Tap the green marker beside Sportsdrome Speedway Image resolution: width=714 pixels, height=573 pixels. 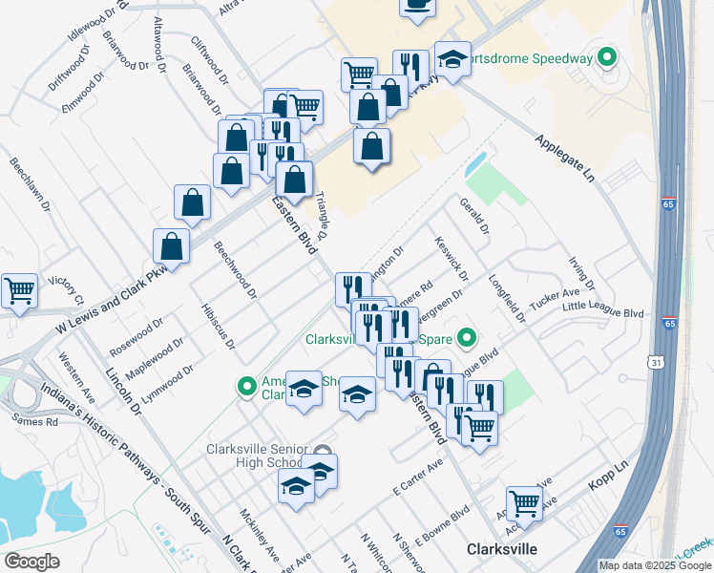coord(605,58)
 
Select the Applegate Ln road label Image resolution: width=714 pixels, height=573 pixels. coord(563,159)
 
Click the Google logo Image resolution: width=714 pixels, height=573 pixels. coord(32,562)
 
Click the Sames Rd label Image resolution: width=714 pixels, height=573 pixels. coord(35,420)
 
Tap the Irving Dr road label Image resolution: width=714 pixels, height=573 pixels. coord(581,273)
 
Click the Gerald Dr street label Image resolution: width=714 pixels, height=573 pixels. coord(473,218)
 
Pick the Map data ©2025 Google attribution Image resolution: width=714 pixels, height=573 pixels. coord(655,565)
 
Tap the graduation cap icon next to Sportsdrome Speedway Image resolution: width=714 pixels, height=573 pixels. coord(452,58)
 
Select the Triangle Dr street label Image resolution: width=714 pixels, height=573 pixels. coord(321,216)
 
